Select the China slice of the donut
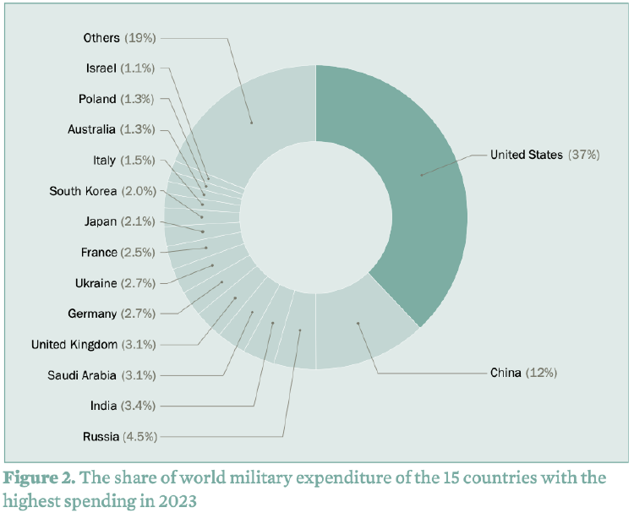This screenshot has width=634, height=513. pos(363,334)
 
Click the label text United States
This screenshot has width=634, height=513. pos(526,155)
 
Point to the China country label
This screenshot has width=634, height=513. pos(506,373)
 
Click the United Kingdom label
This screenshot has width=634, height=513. pos(74,344)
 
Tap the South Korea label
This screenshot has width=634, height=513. pos(83,191)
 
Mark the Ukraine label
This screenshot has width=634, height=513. pos(96,283)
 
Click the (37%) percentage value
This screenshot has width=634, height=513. pos(583,155)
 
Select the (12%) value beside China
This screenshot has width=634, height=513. pos(542,373)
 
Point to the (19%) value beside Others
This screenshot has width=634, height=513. pos(140,38)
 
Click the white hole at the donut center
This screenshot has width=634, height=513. pos(316,218)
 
